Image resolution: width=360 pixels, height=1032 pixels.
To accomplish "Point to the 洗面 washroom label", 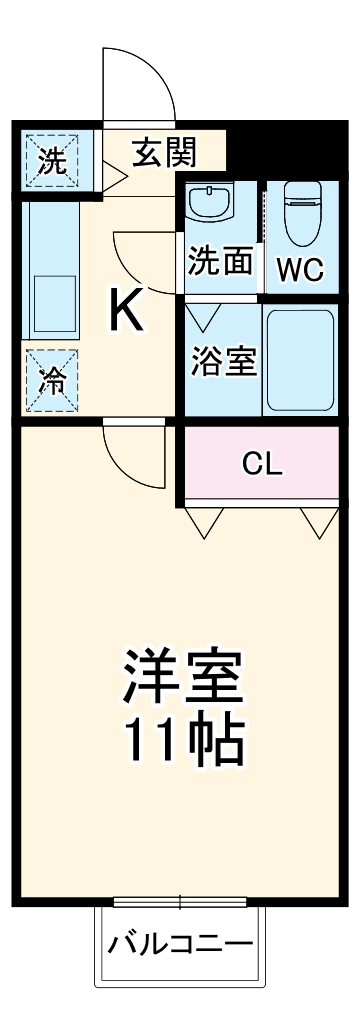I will click(219, 263).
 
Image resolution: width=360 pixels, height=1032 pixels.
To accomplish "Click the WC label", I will click(297, 268).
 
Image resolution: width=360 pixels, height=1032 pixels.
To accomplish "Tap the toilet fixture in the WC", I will click(300, 213).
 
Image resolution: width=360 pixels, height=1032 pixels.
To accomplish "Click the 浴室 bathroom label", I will click(224, 362).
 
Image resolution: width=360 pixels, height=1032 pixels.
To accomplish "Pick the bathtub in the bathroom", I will click(300, 358).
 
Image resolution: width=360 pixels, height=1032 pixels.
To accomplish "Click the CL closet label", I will click(263, 463).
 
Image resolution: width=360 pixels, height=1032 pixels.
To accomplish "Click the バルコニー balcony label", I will click(181, 943).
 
